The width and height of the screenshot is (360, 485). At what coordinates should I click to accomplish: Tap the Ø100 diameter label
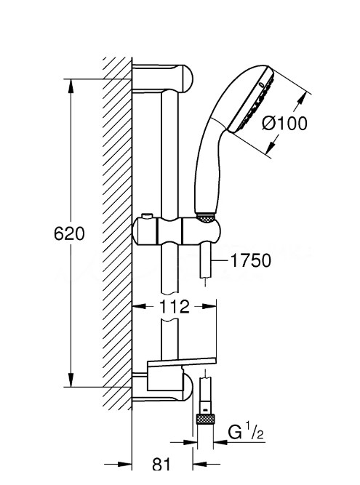(x=285, y=123)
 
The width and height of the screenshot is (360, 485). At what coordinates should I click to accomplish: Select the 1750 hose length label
(x=251, y=260)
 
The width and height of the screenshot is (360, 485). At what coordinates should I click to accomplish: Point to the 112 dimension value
(x=174, y=306)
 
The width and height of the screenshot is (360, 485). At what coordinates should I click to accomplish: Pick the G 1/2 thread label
(x=246, y=432)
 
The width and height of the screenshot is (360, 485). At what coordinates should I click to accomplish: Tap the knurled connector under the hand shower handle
(x=205, y=217)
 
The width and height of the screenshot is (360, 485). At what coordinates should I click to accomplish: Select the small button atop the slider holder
(x=147, y=215)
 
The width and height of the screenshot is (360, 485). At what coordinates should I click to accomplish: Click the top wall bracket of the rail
(x=162, y=78)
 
